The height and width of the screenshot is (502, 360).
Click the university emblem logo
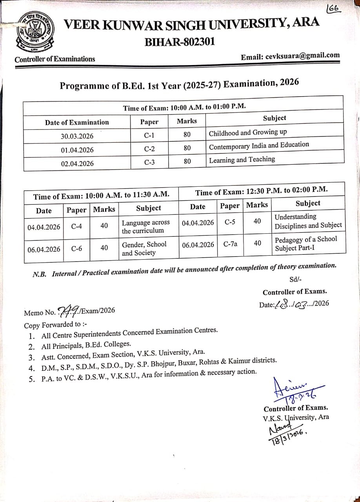tap(35, 33)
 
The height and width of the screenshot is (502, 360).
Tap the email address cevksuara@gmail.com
tap(302, 56)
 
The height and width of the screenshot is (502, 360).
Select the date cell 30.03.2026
tap(77, 136)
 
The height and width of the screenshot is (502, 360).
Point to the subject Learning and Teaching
tap(242, 160)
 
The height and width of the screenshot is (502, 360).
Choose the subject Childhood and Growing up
tap(248, 133)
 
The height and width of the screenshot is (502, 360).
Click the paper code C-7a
tap(230, 244)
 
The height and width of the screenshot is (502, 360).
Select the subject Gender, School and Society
tap(144, 248)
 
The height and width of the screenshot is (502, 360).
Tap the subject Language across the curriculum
tap(145, 227)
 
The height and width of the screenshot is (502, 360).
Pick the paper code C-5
tap(230, 222)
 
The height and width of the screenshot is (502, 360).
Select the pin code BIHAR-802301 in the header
tap(180, 42)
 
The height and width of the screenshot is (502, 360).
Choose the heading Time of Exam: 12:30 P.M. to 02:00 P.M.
tap(262, 191)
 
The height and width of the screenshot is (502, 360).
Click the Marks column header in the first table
tap(187, 121)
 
